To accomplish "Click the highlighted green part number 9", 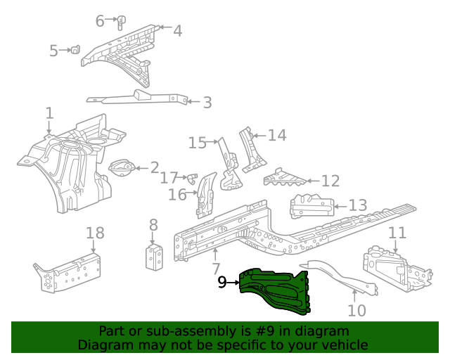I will [276, 288].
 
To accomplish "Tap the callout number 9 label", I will [222, 283].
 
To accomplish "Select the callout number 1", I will [49, 113].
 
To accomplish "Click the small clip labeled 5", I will [73, 49].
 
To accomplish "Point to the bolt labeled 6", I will [121, 21].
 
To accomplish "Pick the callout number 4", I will [177, 30].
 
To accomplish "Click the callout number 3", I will [206, 103].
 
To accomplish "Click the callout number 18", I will [95, 233].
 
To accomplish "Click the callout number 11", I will [397, 233].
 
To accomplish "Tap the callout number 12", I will [330, 181].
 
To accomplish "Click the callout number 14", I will [277, 135].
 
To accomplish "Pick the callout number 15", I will [198, 143].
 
